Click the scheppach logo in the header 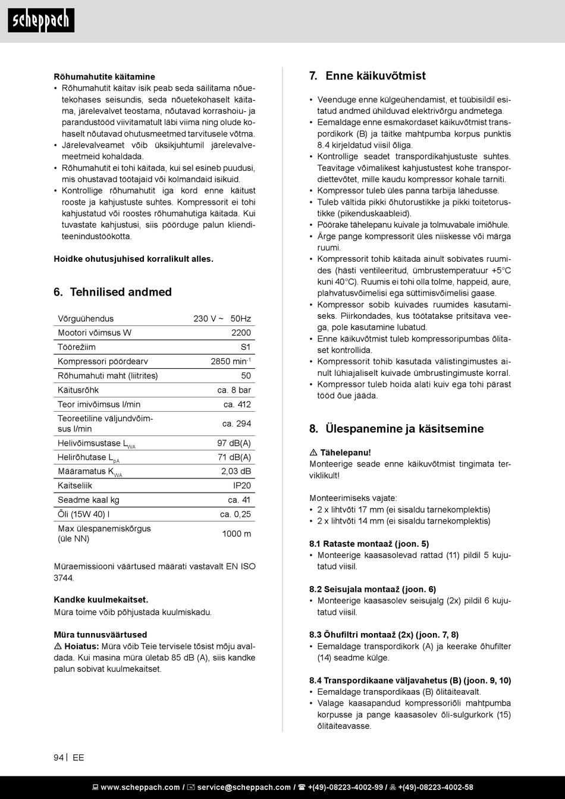[x=41, y=20]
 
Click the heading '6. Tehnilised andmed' [x=112, y=292]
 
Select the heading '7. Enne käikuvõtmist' [x=368, y=76]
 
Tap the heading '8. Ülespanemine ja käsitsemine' [x=396, y=429]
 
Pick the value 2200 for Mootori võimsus [x=241, y=333]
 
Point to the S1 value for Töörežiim [x=246, y=347]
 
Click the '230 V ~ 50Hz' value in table [x=222, y=319]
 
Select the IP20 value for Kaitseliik [x=241, y=485]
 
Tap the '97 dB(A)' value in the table [x=234, y=443]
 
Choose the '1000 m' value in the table [x=236, y=534]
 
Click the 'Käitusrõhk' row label [x=78, y=390]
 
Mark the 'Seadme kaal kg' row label [x=88, y=500]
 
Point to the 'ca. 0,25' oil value [x=235, y=515]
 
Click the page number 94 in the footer [x=58, y=757]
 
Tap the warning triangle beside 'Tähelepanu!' [x=313, y=453]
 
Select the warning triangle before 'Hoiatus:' [x=58, y=646]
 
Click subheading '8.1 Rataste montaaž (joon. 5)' [x=369, y=544]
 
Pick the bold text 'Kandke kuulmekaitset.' [x=101, y=600]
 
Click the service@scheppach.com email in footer [x=244, y=787]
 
